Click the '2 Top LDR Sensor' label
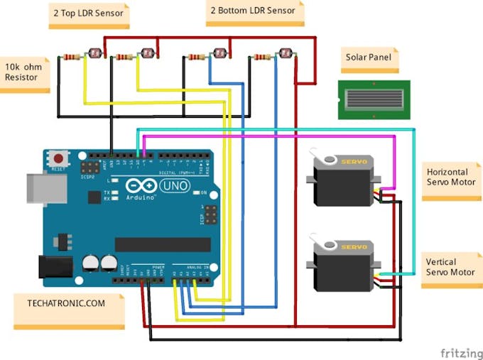[x=89, y=13]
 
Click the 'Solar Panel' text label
[x=368, y=58]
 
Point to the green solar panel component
[x=367, y=99]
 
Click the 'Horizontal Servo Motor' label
[x=451, y=178]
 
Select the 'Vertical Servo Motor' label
[x=451, y=267]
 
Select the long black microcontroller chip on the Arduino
[x=163, y=244]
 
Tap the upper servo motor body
[x=344, y=183]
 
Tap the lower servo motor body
[x=344, y=268]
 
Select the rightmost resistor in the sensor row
[x=262, y=57]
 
